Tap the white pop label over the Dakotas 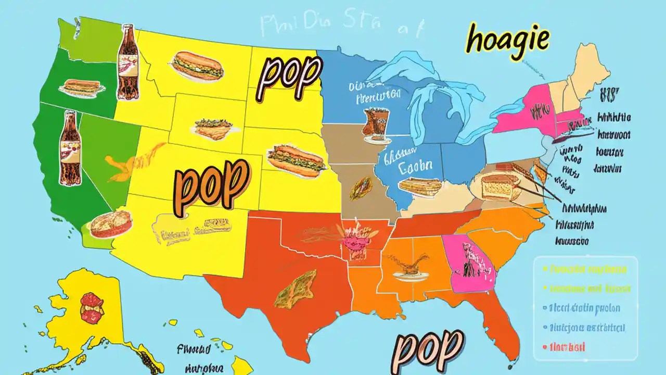(289, 77)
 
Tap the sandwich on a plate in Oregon (80, 87)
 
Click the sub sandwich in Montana (198, 65)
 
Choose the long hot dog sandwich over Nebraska (296, 158)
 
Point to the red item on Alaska (92, 306)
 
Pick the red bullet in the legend (544, 346)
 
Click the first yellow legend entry (585, 270)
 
